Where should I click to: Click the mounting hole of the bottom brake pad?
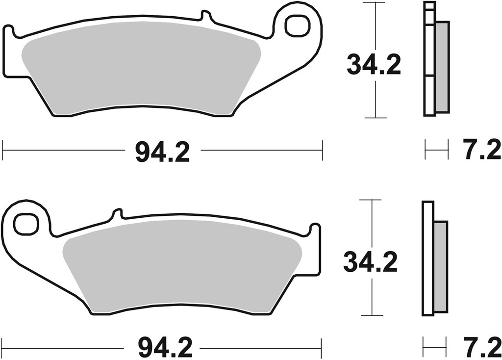25,224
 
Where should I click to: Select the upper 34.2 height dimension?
374,65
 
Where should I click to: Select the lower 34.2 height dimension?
370,262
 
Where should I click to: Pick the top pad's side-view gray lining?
442,66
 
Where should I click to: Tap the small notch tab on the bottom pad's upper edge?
117,214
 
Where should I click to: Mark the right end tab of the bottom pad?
315,248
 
